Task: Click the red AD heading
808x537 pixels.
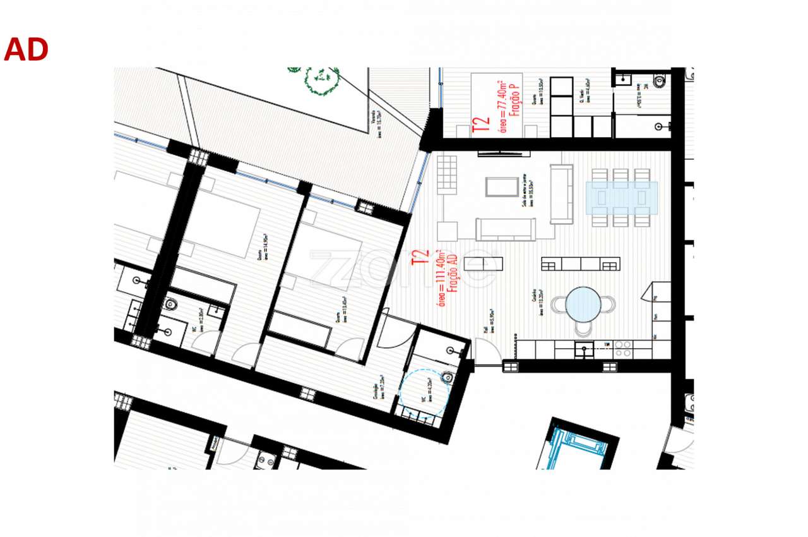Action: tap(26, 50)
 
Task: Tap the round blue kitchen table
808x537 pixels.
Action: tap(583, 305)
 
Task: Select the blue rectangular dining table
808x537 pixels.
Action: tap(622, 197)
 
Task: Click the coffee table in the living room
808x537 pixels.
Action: tap(502, 187)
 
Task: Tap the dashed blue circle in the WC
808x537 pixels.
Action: tap(424, 392)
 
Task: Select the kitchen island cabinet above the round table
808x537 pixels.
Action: tap(581, 263)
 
